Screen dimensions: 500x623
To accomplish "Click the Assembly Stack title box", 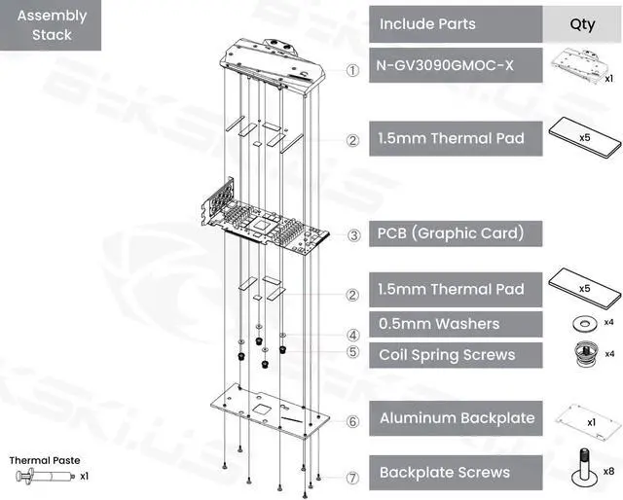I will click(52, 25).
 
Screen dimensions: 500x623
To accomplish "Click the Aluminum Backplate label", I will click(456, 418).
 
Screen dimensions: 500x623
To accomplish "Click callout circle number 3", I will click(353, 234).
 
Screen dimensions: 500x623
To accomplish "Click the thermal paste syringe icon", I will click(43, 477).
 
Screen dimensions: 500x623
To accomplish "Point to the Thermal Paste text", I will click(45, 460).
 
